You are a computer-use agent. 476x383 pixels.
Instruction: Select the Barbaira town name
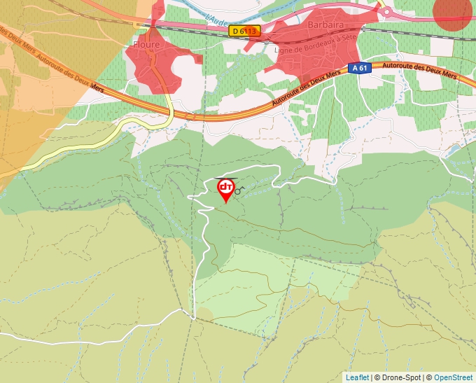coord(324,25)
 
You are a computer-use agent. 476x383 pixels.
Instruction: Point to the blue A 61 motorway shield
coord(359,68)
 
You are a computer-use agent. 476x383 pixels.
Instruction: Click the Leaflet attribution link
coord(357,377)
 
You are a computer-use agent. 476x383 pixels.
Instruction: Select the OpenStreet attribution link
coord(453,377)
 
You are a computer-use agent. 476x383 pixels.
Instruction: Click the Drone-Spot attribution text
coord(398,377)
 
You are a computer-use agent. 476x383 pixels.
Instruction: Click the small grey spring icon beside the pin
coord(238,190)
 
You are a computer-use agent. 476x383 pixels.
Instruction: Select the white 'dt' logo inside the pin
coord(226,187)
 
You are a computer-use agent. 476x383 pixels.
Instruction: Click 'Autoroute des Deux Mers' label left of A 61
coord(308,90)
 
